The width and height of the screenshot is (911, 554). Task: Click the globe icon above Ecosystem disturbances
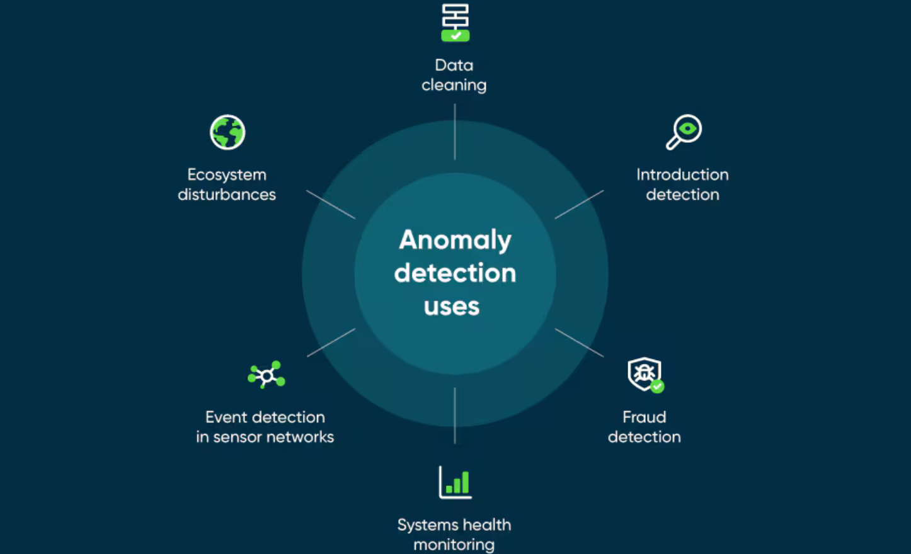coord(227,132)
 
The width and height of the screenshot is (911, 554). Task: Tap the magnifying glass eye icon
coord(684,132)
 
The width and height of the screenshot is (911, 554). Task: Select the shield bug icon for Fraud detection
coord(643,374)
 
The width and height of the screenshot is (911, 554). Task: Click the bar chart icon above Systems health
coord(455,483)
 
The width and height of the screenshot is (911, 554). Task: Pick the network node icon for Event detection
coord(266,375)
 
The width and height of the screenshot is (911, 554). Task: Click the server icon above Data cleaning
coord(455,23)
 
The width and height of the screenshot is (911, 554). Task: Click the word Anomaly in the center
coord(455,240)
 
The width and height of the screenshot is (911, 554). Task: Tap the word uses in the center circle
coord(452,307)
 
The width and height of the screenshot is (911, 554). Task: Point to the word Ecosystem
coord(227,174)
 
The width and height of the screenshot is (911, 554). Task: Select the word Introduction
coord(682,174)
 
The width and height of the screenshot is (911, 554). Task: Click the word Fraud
coord(644,417)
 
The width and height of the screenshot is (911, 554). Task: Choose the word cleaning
coord(454,85)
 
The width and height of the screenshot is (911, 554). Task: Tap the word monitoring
coord(454,545)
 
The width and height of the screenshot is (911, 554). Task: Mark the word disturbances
coord(227,195)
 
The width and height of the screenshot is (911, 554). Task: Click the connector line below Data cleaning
coord(455,132)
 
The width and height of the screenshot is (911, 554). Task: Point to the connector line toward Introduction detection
coord(579,205)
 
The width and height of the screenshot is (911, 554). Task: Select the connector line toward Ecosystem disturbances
coord(331,205)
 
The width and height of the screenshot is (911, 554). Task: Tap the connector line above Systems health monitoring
coord(455,415)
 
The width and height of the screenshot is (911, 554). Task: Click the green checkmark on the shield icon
coord(657,387)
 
